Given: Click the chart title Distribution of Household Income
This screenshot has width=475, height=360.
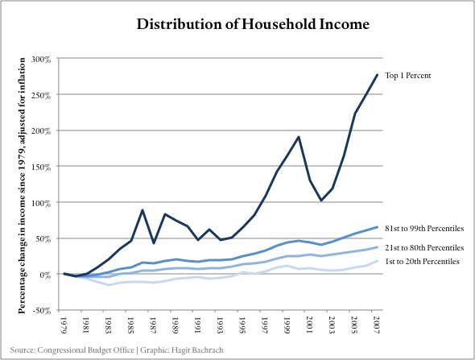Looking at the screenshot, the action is [253, 24].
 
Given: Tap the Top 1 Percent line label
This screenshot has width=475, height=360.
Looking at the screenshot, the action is [407, 76].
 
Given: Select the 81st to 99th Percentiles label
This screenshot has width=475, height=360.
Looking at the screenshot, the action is [424, 229].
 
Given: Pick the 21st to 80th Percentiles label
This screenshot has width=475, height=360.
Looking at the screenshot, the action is [424, 248].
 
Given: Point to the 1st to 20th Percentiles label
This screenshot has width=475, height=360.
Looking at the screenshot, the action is [422, 261].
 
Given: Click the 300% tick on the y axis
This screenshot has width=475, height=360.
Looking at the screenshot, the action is [40, 60].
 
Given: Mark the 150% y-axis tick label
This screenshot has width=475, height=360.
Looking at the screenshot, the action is [40, 167].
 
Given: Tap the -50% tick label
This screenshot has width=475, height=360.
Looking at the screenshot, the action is [42, 311].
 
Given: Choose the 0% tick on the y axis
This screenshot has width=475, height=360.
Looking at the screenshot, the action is [44, 275].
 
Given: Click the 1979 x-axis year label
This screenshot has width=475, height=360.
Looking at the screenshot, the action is [64, 325].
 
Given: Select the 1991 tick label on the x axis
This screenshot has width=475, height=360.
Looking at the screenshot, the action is [197, 325].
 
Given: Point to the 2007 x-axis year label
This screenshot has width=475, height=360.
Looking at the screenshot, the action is [376, 325].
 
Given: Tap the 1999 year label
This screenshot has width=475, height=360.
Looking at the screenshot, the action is [287, 325].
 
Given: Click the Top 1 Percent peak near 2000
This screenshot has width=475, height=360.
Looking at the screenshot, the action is [299, 137].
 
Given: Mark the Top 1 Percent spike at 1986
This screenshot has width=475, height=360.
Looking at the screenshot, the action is [142, 210].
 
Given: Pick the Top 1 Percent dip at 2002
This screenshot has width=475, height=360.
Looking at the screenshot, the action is [321, 201].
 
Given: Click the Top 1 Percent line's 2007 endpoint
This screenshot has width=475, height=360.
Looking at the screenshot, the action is [377, 75].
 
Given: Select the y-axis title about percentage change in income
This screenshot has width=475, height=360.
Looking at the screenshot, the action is [22, 186].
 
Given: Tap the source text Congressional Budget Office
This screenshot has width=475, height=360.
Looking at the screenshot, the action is [85, 350].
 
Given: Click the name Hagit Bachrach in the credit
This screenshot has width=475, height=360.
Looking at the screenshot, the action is [197, 350].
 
